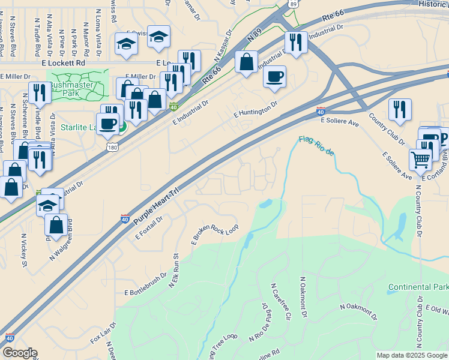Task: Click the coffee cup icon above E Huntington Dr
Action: (x=274, y=77)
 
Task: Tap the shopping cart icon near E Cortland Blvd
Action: (x=420, y=160)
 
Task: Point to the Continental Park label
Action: (x=418, y=287)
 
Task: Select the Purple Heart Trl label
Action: (x=157, y=205)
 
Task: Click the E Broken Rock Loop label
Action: (x=214, y=235)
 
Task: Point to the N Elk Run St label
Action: (x=175, y=271)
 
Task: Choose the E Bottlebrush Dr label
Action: (x=145, y=284)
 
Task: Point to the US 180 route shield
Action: (x=113, y=147)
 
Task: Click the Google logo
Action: (x=20, y=353)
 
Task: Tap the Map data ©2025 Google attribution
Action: (x=412, y=355)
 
